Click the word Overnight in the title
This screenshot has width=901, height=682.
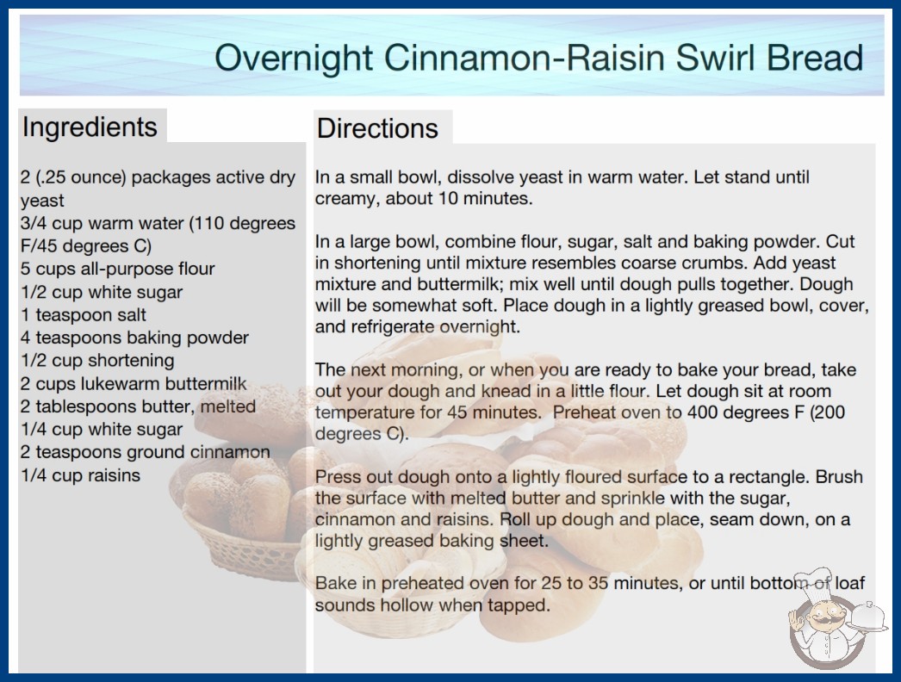coord(294,59)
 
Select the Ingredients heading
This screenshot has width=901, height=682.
coord(90,127)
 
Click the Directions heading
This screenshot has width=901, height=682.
coord(377,128)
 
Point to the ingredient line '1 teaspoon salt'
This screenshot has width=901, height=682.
coord(84,315)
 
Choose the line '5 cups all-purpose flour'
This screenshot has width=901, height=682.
coord(118,269)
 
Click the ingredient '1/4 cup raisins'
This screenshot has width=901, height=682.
coord(80,475)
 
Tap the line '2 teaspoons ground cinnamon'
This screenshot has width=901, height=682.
coord(146,452)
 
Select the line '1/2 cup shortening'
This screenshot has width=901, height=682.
coord(97,360)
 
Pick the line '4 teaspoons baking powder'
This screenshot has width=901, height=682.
coord(135,338)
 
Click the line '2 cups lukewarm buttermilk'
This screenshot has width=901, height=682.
coord(134,383)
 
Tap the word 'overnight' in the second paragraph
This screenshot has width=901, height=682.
coord(480,327)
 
